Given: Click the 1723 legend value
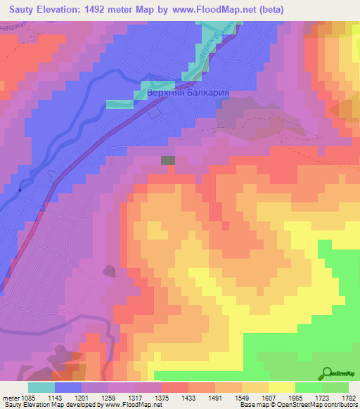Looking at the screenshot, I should pyautogui.click(x=321, y=398).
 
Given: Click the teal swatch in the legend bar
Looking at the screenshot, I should pyautogui.click(x=41, y=387).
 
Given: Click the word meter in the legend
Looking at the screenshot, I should pyautogui.click(x=8, y=398).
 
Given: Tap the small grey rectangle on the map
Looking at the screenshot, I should pyautogui.click(x=168, y=161).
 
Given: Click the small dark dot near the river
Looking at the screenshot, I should pyautogui.click(x=20, y=190).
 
